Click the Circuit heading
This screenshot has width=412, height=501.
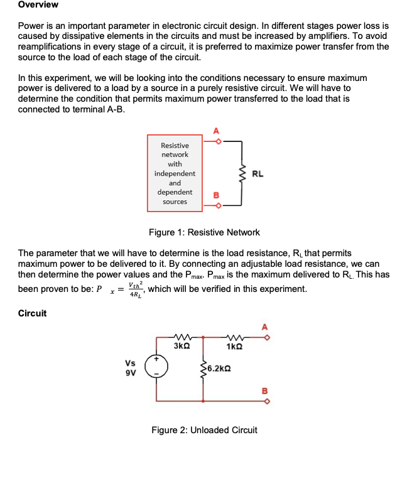pos(33,313)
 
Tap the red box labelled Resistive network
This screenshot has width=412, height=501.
pos(175,173)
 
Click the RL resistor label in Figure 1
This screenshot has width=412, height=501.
pos(257,173)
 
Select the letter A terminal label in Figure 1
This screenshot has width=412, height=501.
pos(217,131)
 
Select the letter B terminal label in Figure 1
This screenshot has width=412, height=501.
pos(217,195)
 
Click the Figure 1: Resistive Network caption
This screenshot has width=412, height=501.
pos(204,232)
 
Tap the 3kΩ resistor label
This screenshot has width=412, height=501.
pos(182,347)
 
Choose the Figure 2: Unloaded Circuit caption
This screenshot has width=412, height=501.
pos(204,430)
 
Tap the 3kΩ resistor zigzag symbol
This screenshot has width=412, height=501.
pos(182,337)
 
